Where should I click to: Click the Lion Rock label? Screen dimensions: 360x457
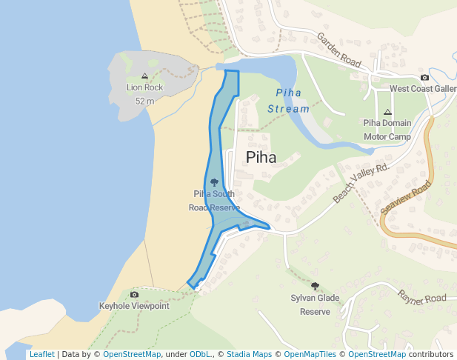(x=144, y=87)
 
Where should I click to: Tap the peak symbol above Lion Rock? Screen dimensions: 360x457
(x=144, y=76)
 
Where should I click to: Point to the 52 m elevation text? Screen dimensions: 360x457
(x=144, y=101)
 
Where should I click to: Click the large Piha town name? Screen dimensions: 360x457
(x=261, y=157)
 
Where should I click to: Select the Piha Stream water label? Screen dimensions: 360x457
(x=288, y=101)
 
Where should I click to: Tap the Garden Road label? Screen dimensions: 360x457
(x=339, y=50)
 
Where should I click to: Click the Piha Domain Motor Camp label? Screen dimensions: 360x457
(x=387, y=130)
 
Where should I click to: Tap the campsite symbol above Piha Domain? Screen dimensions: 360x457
(x=387, y=112)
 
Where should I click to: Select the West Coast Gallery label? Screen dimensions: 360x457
(x=423, y=89)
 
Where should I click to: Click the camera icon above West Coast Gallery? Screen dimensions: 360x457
(x=424, y=77)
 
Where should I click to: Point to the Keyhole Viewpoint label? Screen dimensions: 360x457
(x=134, y=306)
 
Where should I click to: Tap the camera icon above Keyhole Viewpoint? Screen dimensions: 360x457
(x=134, y=295)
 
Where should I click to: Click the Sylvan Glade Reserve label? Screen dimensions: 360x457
(x=315, y=304)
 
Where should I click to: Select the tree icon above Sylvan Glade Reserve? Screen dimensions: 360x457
(x=315, y=286)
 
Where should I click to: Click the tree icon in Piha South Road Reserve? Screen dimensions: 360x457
(x=214, y=181)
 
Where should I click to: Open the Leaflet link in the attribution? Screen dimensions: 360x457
(x=41, y=354)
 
